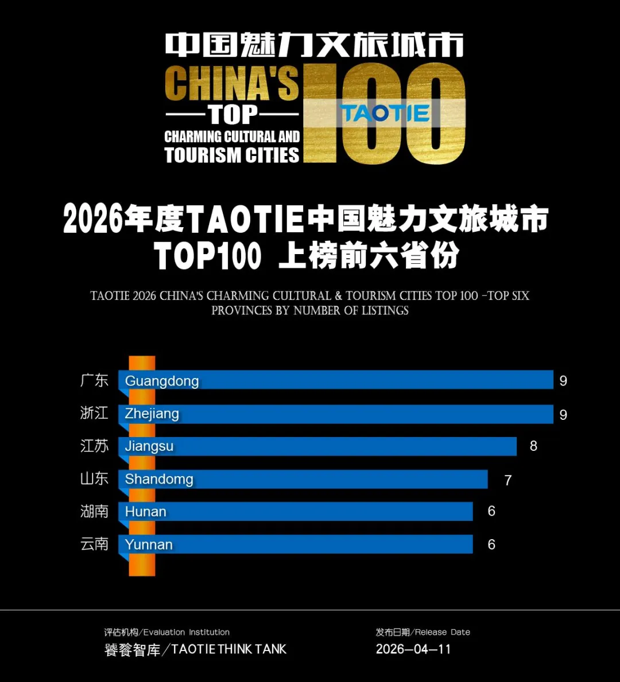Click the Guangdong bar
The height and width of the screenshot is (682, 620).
pos(336,380)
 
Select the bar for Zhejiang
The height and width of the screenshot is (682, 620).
pos(336,414)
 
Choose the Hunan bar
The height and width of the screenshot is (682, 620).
pos(296,511)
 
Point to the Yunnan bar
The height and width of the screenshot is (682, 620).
pos(296,544)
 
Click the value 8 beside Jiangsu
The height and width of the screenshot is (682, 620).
pos(533,446)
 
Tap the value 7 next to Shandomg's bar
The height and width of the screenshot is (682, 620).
pos(508,480)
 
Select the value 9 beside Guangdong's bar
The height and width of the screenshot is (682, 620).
pos(563,381)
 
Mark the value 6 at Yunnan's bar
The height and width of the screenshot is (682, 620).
pos(491,544)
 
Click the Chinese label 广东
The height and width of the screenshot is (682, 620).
pos(95,380)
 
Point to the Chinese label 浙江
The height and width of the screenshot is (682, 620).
pos(95,413)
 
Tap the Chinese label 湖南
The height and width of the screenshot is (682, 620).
pos(95,511)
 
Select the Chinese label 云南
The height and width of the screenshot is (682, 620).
pos(95,544)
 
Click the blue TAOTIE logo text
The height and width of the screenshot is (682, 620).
pos(385,113)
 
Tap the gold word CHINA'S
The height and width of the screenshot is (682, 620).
pos(232,84)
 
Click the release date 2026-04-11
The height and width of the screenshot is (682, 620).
pos(413,649)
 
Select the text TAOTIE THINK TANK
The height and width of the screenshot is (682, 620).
pos(228,649)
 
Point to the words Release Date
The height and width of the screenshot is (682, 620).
pos(443,632)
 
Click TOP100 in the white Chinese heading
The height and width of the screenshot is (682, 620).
pos(208,256)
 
